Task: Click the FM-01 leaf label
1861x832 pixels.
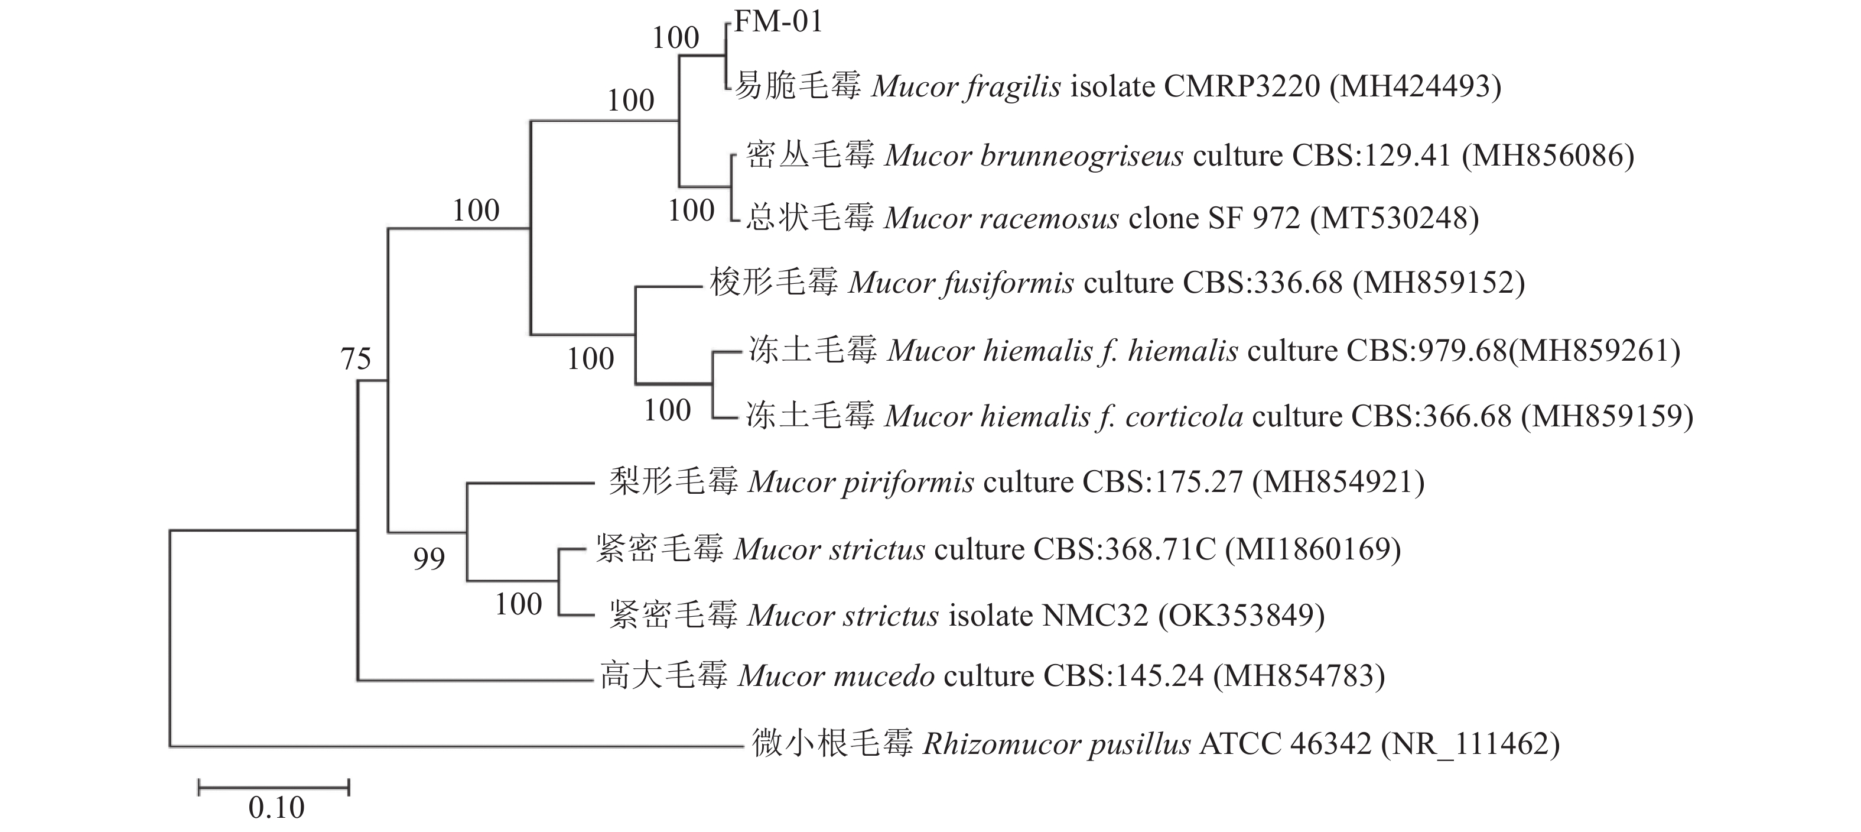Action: click(778, 22)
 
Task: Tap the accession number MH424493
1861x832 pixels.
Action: click(1416, 87)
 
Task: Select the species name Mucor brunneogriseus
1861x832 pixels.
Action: click(1034, 156)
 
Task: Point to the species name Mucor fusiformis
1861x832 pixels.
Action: click(961, 283)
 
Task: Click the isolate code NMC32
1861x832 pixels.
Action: click(1095, 616)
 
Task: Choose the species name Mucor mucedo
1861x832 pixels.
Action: click(836, 676)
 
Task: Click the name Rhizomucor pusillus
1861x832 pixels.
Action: click(1057, 744)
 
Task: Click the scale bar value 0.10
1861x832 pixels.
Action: click(276, 807)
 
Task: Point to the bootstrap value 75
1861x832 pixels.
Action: click(356, 358)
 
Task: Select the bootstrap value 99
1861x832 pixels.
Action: click(429, 559)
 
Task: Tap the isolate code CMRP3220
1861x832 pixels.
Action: click(1242, 87)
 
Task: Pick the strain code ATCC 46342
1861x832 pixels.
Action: click(1285, 744)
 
